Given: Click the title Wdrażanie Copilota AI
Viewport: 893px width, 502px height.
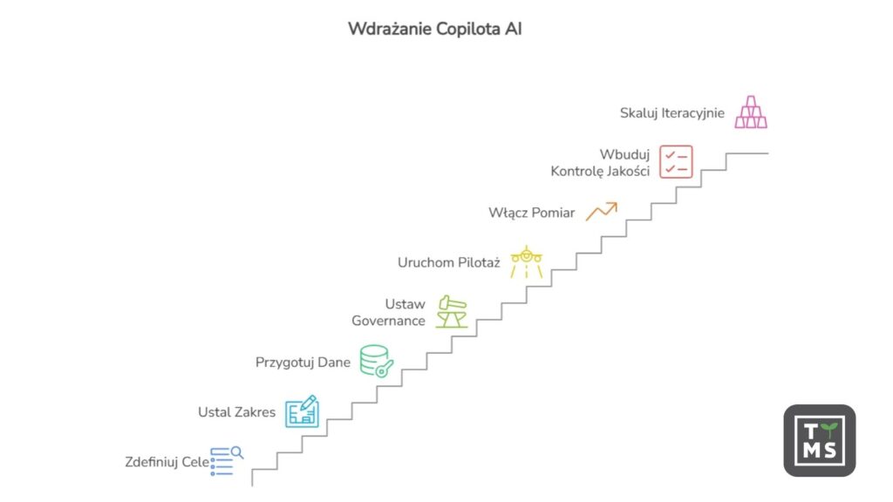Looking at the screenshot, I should click(x=435, y=29).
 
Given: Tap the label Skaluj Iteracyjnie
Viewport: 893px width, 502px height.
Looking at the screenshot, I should click(x=671, y=112).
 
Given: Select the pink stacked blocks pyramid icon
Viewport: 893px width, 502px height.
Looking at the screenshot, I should click(x=750, y=112).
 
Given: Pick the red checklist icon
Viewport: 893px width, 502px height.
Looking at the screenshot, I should click(x=676, y=161).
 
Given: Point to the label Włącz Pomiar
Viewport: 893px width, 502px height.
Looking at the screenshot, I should click(x=531, y=212).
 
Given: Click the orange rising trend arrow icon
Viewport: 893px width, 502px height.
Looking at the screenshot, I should click(x=602, y=211).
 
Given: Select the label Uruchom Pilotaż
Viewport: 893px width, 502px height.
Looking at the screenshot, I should click(x=448, y=262).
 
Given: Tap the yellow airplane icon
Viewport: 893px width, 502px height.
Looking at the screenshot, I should click(x=527, y=261).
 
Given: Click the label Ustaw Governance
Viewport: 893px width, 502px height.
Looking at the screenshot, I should click(x=388, y=312).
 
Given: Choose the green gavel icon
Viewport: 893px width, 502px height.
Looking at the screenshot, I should click(x=453, y=312).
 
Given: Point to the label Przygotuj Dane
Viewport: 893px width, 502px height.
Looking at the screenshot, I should click(x=303, y=362).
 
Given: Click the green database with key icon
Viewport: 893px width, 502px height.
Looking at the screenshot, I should click(x=377, y=361).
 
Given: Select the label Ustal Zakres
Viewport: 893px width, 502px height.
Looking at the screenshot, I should click(x=236, y=412).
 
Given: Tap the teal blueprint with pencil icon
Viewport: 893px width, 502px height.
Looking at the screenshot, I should click(x=303, y=411).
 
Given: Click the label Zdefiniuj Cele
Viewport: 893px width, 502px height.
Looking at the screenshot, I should click(x=167, y=462).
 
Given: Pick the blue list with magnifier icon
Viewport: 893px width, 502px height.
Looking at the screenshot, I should click(x=226, y=461).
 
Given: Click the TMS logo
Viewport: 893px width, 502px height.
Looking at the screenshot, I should click(x=819, y=440).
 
